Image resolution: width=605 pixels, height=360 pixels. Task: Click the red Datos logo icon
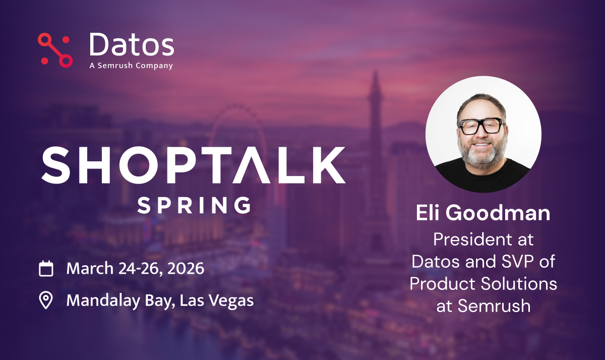pos(55,50)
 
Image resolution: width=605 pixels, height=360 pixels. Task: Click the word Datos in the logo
pos(132,44)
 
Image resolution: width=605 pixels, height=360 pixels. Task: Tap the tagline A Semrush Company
pos(131,66)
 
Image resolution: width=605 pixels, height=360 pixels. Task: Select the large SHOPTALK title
pos(194,165)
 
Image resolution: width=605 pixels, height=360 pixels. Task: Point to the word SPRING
pos(195,205)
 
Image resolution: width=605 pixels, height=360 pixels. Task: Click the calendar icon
pos(46,268)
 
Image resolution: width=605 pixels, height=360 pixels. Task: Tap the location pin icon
pos(46,300)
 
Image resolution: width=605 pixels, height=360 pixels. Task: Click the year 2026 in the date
pos(186,268)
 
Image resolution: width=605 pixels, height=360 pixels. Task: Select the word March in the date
pos(90,268)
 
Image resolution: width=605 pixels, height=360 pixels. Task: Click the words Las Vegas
pos(217,301)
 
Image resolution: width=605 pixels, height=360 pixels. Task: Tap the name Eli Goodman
pos(483,213)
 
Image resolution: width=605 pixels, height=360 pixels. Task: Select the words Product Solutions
pos(483,283)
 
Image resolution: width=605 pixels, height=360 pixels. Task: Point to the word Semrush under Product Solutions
pos(494,306)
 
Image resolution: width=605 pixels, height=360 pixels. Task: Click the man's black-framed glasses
pos(481,126)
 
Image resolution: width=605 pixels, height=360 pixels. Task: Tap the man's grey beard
pos(482,153)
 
